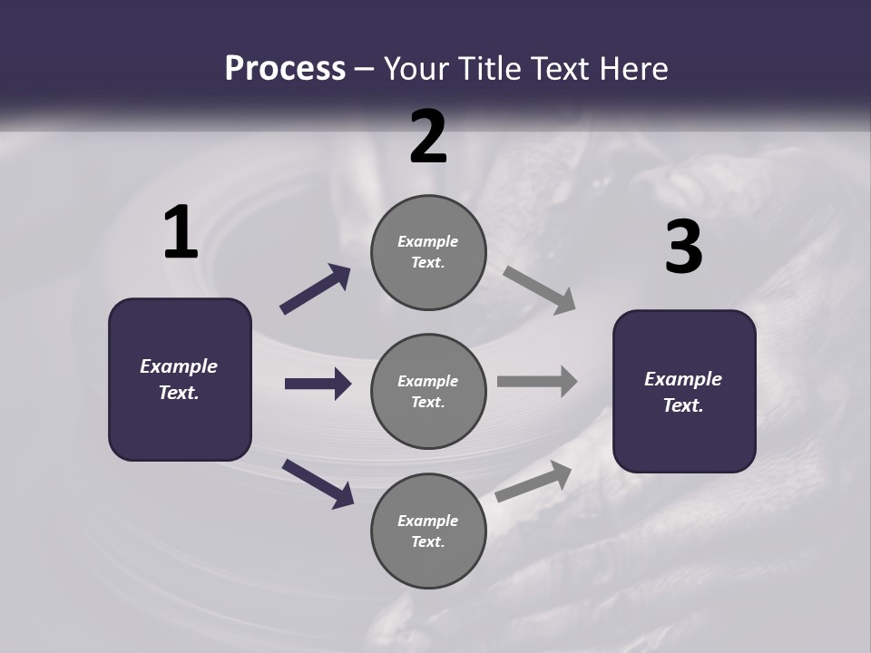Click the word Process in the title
pos(285,69)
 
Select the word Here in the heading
pos(633,69)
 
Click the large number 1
pos(181,233)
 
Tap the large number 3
pos(683,248)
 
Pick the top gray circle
pos(428,252)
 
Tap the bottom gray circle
pos(428,531)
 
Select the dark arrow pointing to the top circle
pos(316,289)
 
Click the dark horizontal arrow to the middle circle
pos(318,384)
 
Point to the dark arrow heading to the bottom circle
pos(318,482)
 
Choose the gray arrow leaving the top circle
pos(540,290)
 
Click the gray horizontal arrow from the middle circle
pos(537,382)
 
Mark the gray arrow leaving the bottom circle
pos(534,481)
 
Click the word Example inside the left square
pos(179,366)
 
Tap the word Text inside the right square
pos(682,405)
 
